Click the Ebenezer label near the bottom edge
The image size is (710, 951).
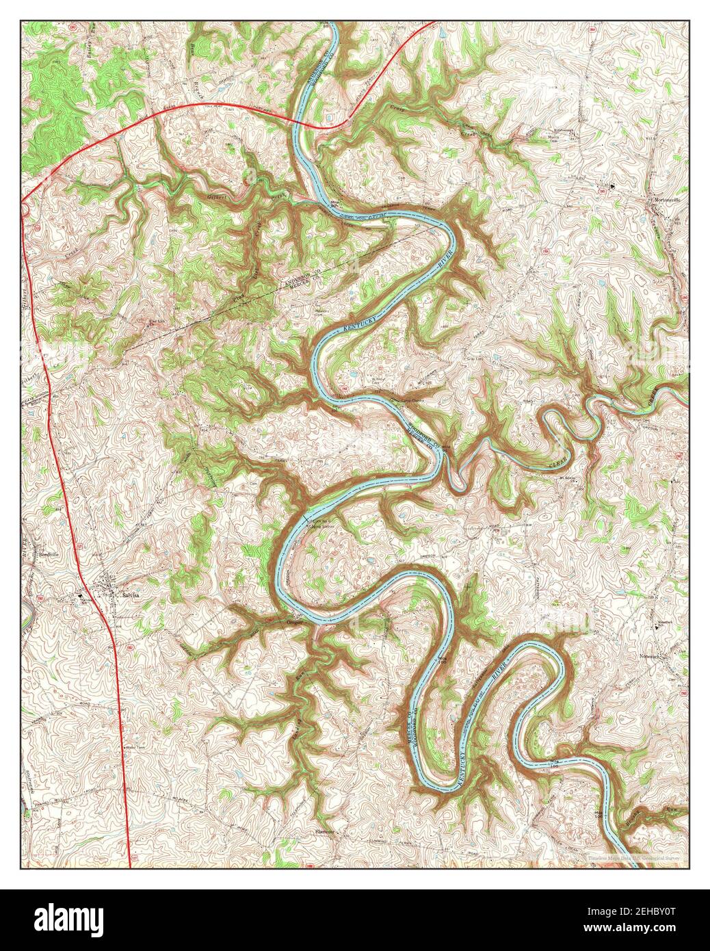[x=324, y=831]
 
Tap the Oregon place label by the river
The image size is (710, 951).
[x=293, y=622]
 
